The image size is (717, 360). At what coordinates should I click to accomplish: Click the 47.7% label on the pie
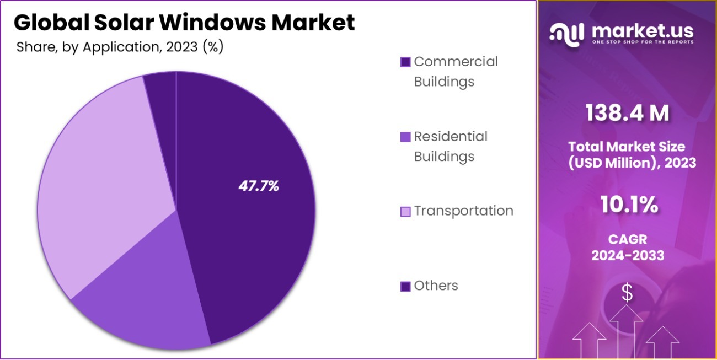pos(258,186)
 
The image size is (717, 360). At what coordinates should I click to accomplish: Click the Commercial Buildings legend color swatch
pos(405,62)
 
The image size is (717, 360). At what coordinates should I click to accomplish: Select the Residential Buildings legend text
pos(451,146)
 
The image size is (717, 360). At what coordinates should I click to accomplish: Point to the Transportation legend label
pos(463,211)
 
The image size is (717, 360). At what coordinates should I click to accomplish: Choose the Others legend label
pos(436,286)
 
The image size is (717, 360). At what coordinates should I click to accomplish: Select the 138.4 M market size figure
pos(627,113)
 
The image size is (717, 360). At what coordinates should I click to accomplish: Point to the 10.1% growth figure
pos(627,205)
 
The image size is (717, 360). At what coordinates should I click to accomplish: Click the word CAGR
pos(627,240)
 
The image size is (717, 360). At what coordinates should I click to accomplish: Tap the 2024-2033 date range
pos(627,256)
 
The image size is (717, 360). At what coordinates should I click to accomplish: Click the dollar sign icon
pos(627,293)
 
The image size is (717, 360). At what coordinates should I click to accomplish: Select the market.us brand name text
pos(642,30)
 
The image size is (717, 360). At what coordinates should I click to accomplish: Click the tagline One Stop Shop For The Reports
pos(642,42)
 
